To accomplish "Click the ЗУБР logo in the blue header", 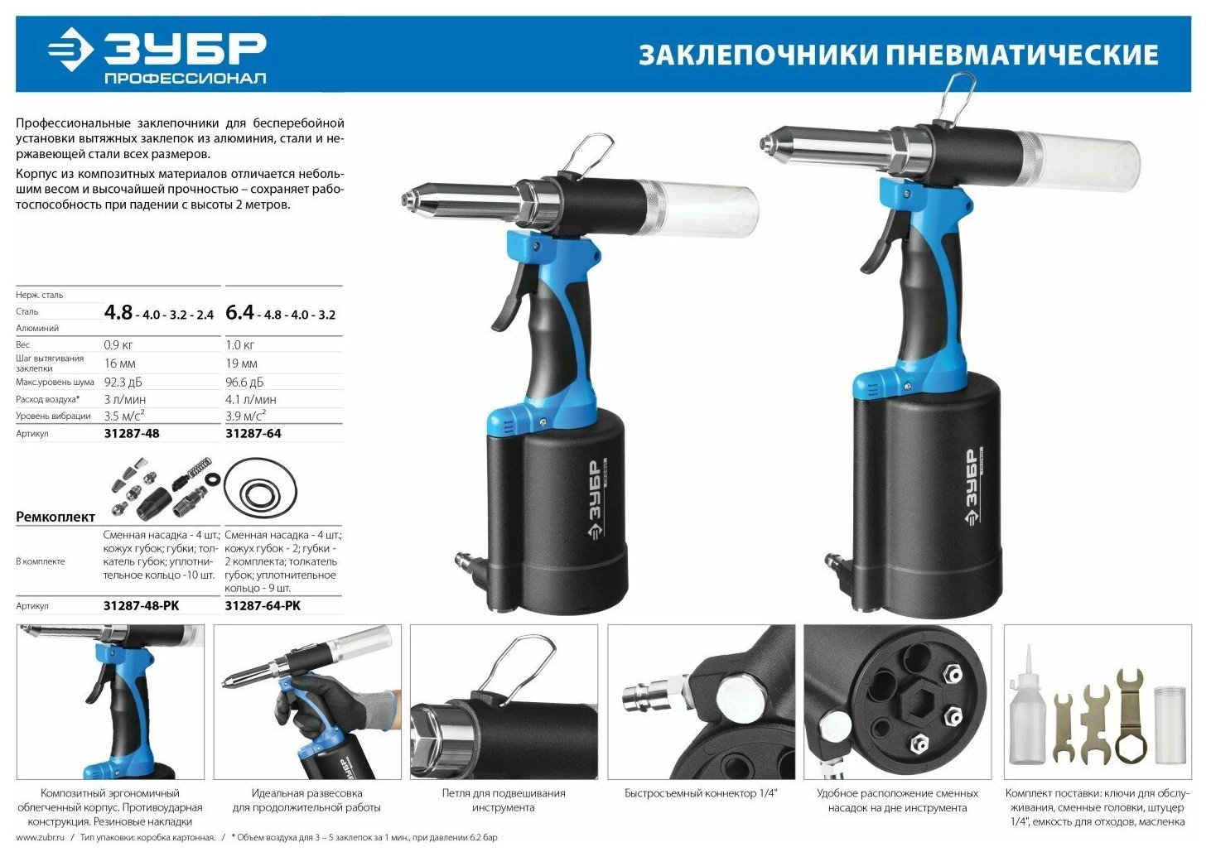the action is (x=157, y=55).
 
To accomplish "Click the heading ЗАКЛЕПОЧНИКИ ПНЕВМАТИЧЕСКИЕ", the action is (x=898, y=55).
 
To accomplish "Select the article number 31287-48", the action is (x=132, y=433).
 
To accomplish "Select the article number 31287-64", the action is (x=253, y=433).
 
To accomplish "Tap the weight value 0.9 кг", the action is (x=118, y=344).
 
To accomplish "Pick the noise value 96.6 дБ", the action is (x=244, y=383).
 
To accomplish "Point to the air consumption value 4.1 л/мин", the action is (x=251, y=399).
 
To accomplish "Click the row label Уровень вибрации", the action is (x=53, y=416).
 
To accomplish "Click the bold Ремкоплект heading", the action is (x=55, y=517).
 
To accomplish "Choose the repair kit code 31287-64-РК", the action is (x=263, y=605).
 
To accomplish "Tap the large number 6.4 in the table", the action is (x=239, y=312).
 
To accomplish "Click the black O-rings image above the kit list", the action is (x=260, y=489).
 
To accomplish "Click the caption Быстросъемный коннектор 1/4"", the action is (x=701, y=793).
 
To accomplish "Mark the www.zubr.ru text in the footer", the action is (x=40, y=837).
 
